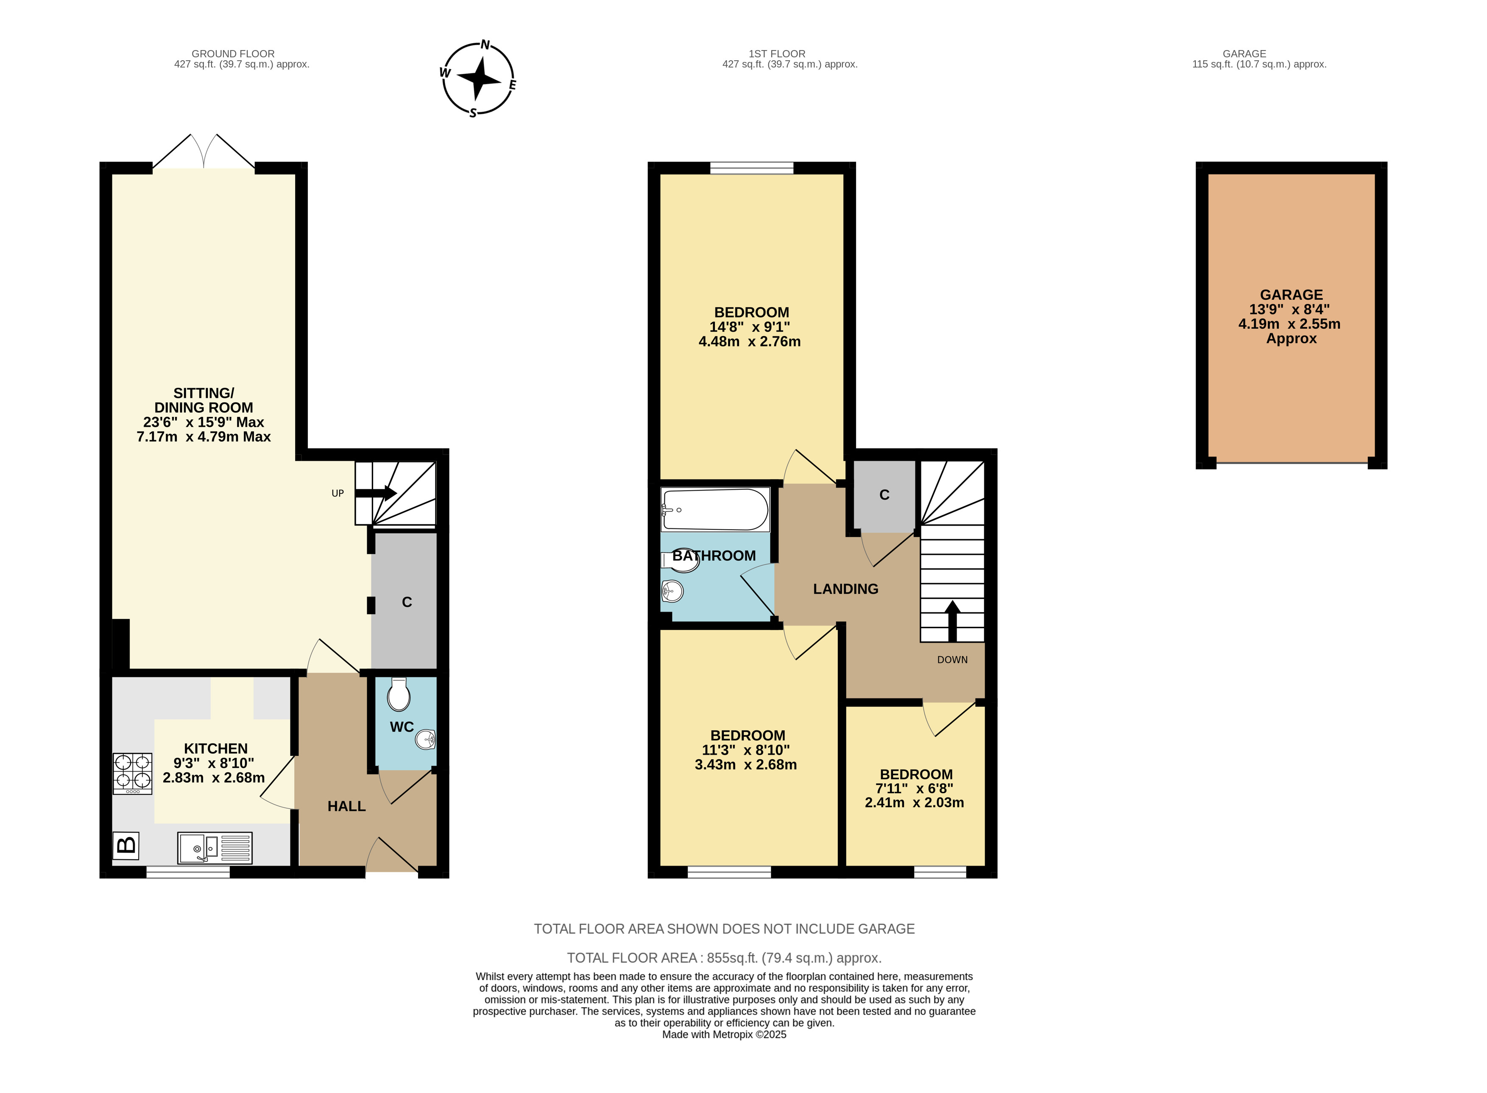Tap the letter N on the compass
point(485,45)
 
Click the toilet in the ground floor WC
point(399,694)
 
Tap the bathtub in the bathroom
point(715,509)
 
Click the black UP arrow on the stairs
point(376,493)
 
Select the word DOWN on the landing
point(952,660)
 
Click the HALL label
point(346,806)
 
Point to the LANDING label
point(845,589)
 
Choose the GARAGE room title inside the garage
point(1291,295)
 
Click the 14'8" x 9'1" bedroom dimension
point(750,327)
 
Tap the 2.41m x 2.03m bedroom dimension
point(914,802)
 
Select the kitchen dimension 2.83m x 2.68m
point(214,778)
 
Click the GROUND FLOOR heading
point(233,53)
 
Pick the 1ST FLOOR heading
point(777,53)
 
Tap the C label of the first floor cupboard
point(884,495)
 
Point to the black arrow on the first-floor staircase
point(952,621)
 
